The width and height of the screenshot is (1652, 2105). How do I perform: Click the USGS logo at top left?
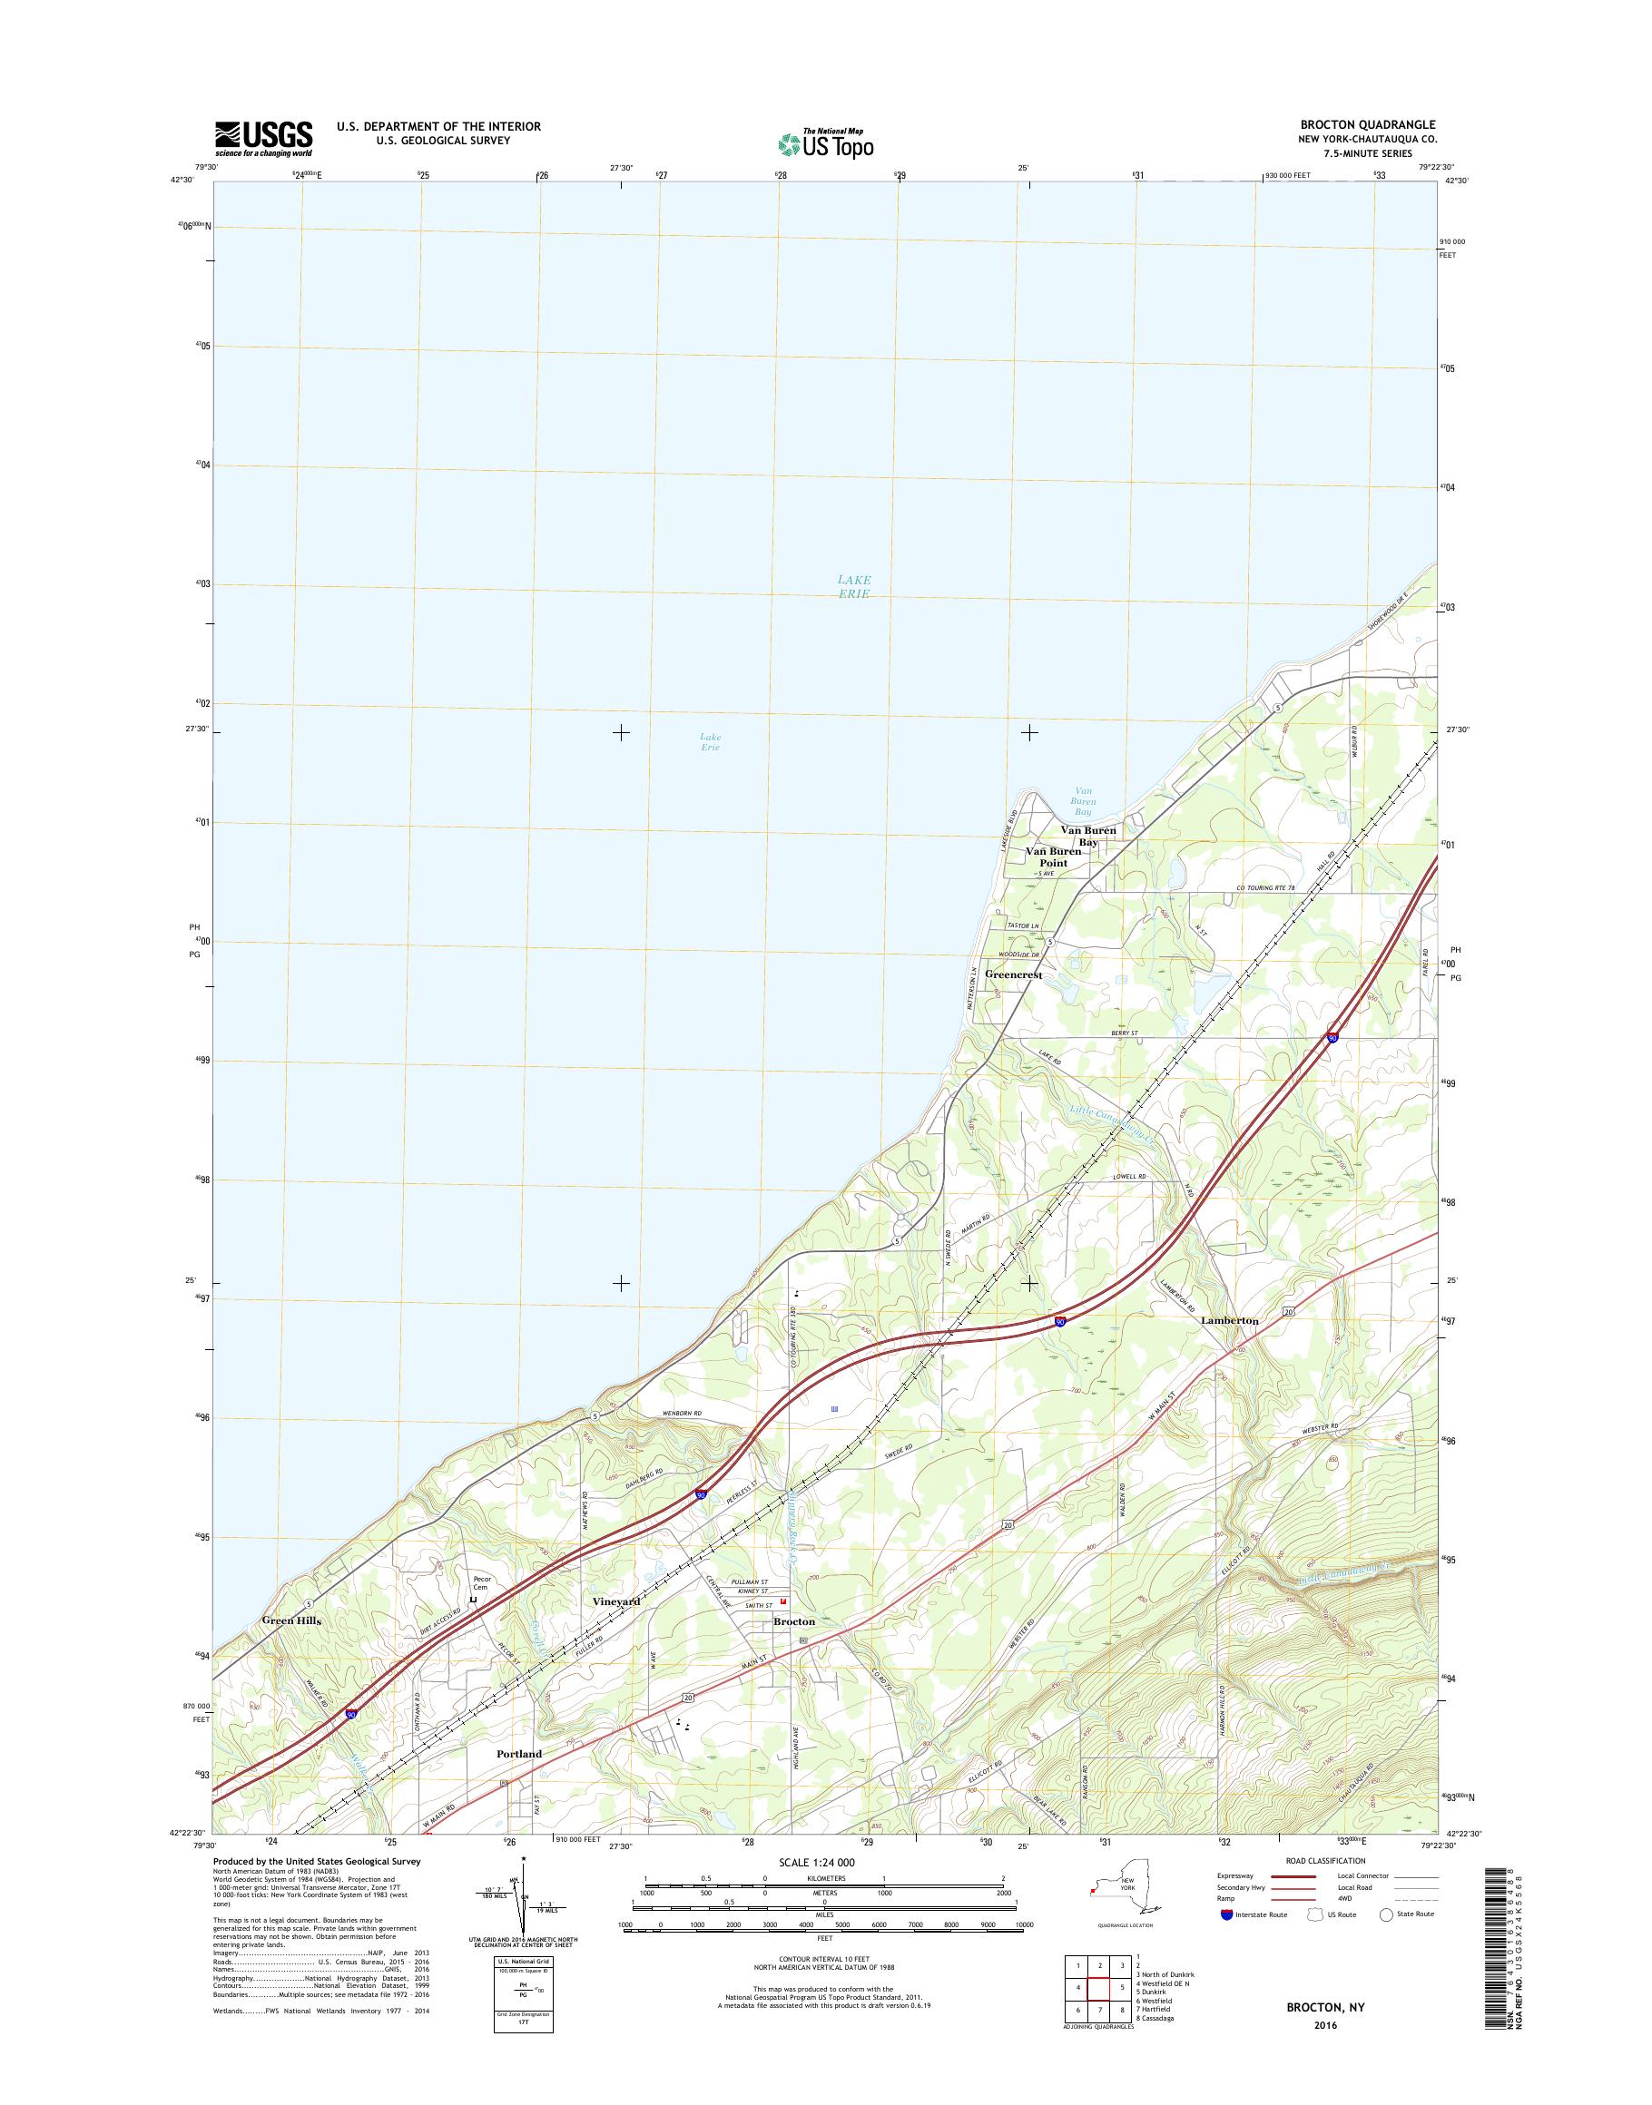[263, 138]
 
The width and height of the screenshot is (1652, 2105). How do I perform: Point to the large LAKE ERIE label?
[854, 586]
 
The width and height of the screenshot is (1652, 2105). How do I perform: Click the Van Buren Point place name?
[1053, 857]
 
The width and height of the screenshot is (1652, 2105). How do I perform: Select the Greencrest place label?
[1013, 975]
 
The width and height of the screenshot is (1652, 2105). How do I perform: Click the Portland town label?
[518, 1727]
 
